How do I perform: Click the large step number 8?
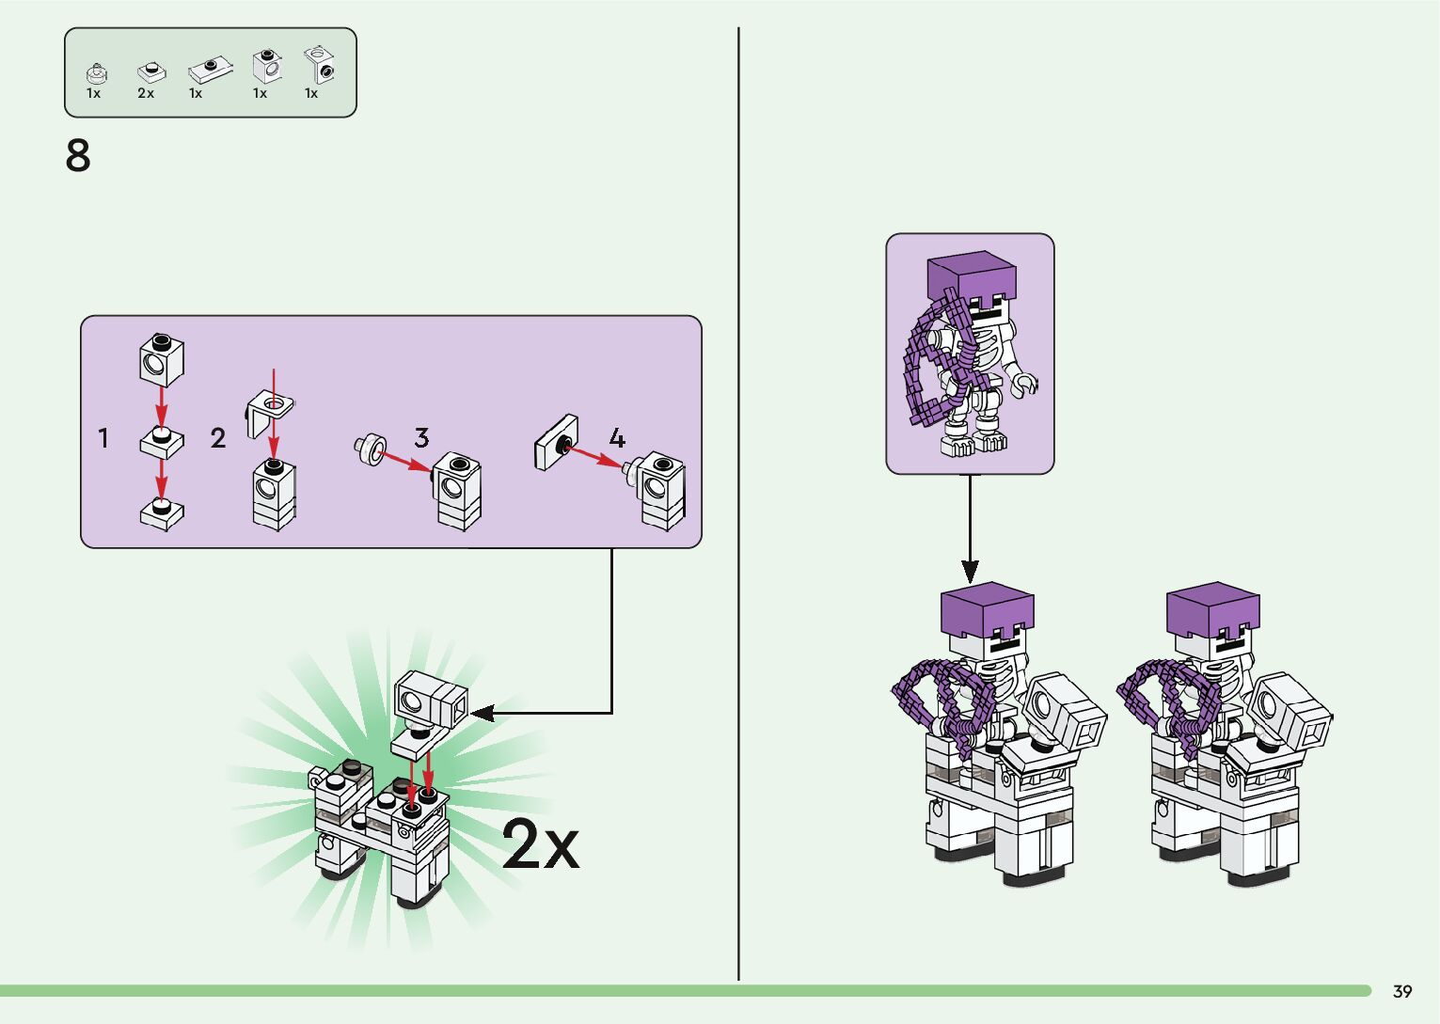point(78,156)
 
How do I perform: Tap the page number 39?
point(1402,991)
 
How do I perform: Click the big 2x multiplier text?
point(540,843)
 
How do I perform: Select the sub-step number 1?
point(103,438)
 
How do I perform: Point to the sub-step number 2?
point(218,438)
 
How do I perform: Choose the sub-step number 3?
point(421,437)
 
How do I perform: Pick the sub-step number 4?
point(617,437)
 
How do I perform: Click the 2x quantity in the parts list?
point(146,93)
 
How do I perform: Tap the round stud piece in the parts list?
point(96,73)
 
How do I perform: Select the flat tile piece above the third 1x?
point(211,70)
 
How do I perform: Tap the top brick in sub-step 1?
point(162,357)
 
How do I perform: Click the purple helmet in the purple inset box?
point(971,276)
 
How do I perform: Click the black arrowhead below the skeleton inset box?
point(970,571)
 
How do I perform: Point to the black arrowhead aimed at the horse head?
point(483,714)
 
